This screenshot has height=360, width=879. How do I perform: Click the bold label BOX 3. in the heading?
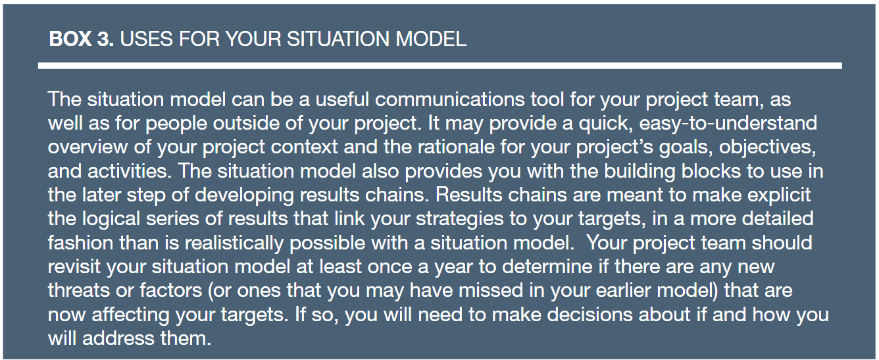pyautogui.click(x=82, y=39)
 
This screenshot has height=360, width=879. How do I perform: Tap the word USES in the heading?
pyautogui.click(x=146, y=39)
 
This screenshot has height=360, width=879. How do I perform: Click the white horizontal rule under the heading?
pyautogui.click(x=440, y=66)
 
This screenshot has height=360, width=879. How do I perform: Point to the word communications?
pyautogui.click(x=450, y=99)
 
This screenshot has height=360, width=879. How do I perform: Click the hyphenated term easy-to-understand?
pyautogui.click(x=728, y=123)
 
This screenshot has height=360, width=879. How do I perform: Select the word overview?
pyautogui.click(x=88, y=147)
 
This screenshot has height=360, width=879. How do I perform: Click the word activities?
pyautogui.click(x=130, y=171)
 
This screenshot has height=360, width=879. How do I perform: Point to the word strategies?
pyautogui.click(x=459, y=219)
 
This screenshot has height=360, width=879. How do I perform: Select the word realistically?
pyautogui.click(x=234, y=244)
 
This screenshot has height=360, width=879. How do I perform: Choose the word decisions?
pyautogui.click(x=593, y=315)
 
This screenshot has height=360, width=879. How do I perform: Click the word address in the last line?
pyautogui.click(x=118, y=338)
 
